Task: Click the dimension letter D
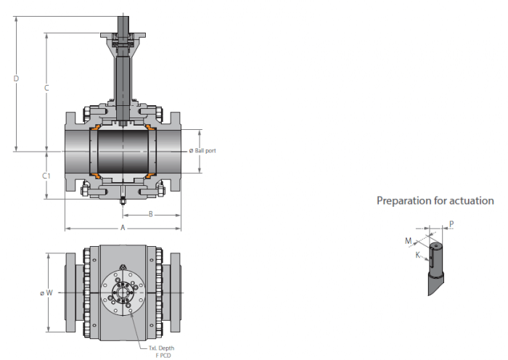16,78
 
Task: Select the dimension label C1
46,176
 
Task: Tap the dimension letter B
151,215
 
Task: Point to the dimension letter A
123,228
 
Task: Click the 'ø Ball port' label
202,151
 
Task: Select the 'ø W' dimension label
46,293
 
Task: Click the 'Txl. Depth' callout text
161,348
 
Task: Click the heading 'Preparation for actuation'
435,201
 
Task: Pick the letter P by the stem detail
451,224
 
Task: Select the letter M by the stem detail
408,241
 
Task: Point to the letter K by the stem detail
418,255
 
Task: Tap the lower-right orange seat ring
151,176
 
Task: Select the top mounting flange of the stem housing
123,35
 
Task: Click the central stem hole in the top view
123,293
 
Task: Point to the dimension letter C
46,88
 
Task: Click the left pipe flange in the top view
70,293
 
